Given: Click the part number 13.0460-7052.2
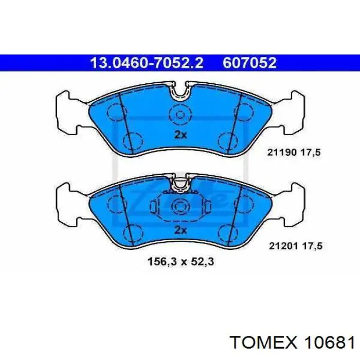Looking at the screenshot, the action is pos(147,63).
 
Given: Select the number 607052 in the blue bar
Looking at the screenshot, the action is pos(249,63).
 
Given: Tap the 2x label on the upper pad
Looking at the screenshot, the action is pos(181,135).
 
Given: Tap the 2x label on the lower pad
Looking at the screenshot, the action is pos(181,230).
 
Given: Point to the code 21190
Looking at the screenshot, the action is pos(282,152).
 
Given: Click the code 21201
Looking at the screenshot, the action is pos(283,246).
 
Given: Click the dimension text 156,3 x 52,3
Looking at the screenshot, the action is pos(181,261).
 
